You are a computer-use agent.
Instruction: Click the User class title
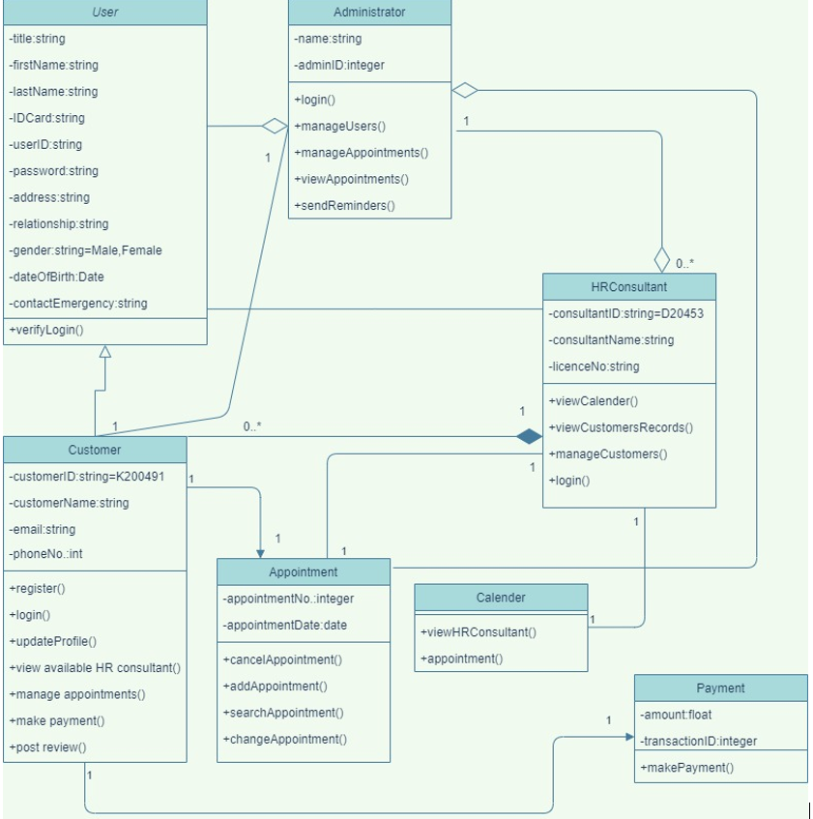[104, 13]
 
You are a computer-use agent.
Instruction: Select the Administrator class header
[369, 13]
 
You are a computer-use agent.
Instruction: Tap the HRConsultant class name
[628, 287]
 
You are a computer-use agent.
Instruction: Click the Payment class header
[720, 688]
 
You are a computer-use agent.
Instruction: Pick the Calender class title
[501, 598]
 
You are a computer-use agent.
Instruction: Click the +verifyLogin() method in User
[46, 330]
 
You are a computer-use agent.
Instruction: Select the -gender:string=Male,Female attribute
[85, 250]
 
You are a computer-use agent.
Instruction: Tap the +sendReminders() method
[345, 205]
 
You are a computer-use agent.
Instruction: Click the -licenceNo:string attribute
[594, 366]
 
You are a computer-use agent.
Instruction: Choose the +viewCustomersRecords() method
[621, 427]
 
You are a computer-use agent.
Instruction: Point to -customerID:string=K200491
[86, 477]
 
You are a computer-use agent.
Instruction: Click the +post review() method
[47, 747]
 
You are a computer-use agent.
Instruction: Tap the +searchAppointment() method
[283, 713]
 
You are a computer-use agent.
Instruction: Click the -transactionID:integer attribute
[698, 742]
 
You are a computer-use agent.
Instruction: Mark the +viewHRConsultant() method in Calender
[478, 632]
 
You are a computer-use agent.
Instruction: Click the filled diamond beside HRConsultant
[529, 437]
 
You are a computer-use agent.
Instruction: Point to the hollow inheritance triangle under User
[104, 352]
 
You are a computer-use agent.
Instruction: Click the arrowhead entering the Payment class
[628, 737]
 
